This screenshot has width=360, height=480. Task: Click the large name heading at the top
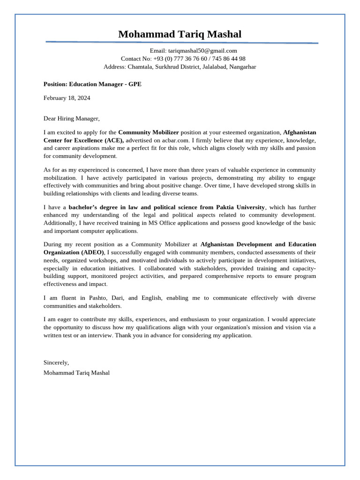click(x=180, y=34)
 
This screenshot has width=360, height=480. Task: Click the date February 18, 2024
click(x=67, y=98)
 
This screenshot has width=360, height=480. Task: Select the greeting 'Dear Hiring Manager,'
click(x=72, y=119)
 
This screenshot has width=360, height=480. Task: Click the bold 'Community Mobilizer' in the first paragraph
click(x=148, y=132)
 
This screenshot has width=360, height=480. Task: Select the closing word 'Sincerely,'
click(x=56, y=362)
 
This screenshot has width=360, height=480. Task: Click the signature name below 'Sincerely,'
click(x=76, y=373)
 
